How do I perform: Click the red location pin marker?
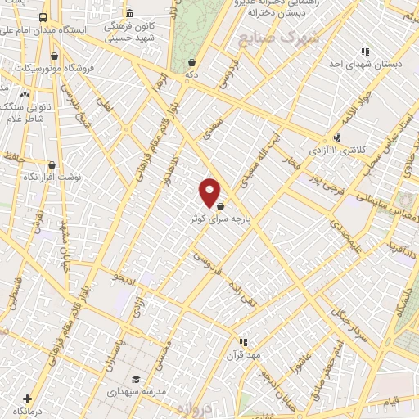point(209,192)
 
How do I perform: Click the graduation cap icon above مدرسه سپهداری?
point(136,378)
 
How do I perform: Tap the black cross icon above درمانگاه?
point(29,399)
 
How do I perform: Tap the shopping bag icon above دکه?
point(191,61)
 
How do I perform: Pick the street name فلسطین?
point(14,291)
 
